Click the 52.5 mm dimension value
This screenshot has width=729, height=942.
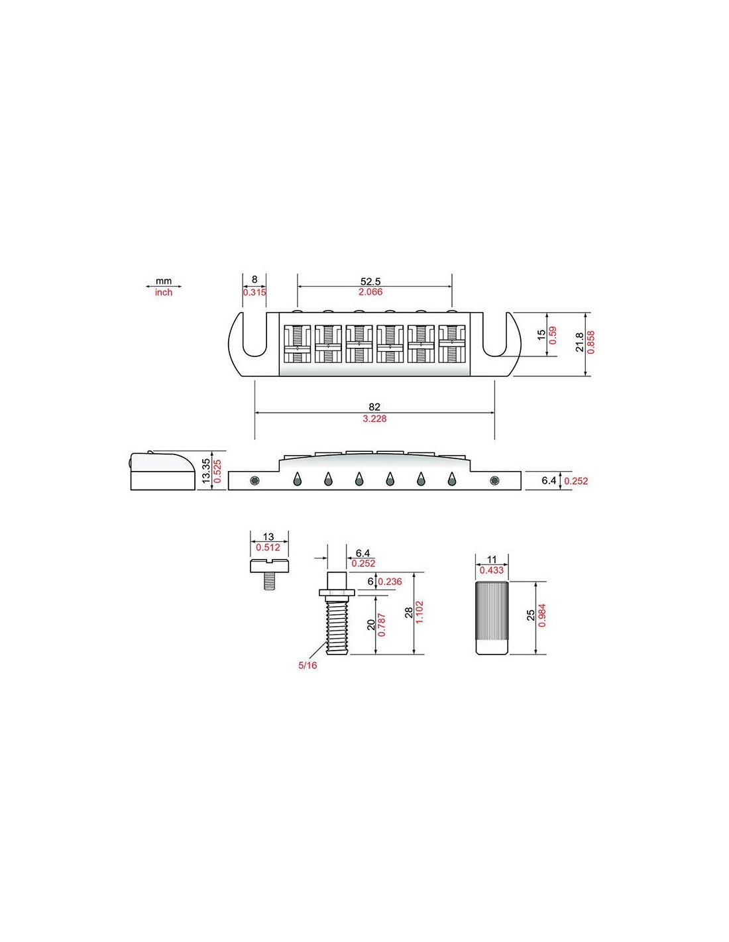point(370,281)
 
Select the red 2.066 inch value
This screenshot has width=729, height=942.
point(370,291)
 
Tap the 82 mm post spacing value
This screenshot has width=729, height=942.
point(374,407)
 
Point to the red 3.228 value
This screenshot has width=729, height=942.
point(374,418)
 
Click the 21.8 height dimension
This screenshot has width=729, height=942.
point(579,342)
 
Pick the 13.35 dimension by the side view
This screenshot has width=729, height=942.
point(206,471)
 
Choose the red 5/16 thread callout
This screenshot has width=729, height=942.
point(308,665)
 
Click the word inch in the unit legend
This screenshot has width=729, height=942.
point(164,293)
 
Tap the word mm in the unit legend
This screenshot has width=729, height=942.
point(164,281)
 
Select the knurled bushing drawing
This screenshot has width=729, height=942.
point(492,618)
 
